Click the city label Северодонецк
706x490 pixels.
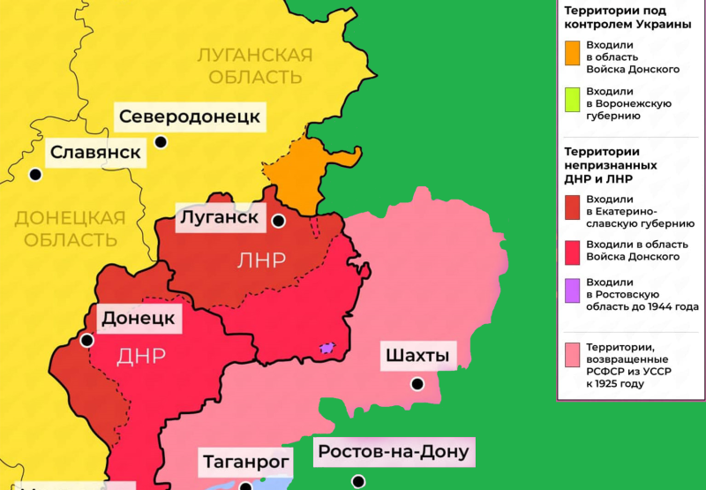pos(190,117)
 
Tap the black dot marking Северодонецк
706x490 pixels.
pos(161,141)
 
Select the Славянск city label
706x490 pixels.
pos(95,152)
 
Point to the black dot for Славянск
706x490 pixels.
pos(35,175)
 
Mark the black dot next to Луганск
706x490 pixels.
pos(279,221)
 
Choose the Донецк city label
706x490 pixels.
pos(138,318)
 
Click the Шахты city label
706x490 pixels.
pos(417,357)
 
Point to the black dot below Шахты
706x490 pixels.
pos(417,385)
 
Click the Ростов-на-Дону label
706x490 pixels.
pos(394,453)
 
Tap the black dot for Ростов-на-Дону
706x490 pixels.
pos(357,481)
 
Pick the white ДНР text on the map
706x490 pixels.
pos(141,356)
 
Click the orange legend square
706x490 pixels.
pos(573,51)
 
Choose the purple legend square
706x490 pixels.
pos(573,289)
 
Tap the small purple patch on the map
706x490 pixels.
pos(328,350)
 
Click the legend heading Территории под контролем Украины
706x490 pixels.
pos(627,17)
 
